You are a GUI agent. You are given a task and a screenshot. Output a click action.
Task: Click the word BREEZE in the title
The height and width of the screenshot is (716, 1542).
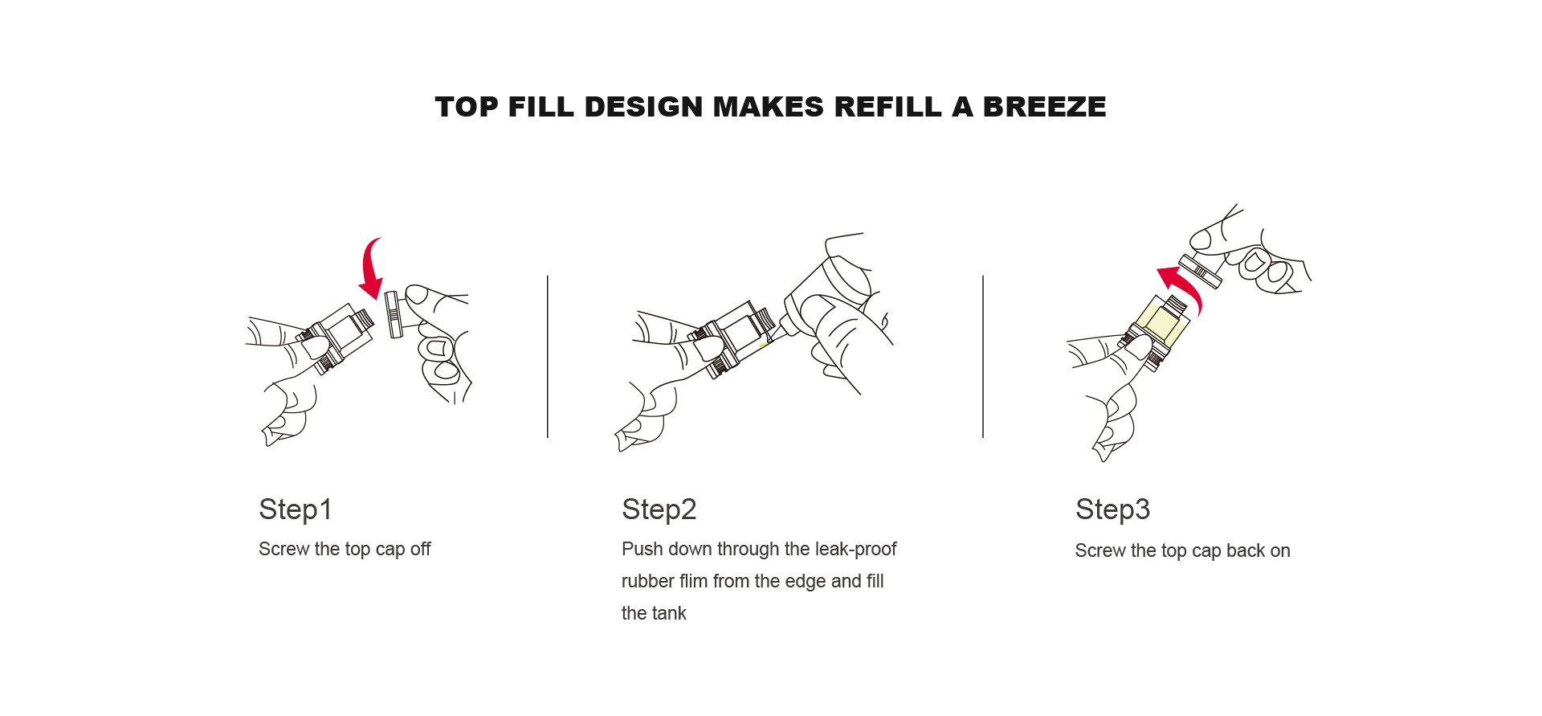click(1044, 107)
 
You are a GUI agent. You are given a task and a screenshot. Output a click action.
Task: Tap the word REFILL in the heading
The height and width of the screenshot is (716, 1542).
click(887, 107)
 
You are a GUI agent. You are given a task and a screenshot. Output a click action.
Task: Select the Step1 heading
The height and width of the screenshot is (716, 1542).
click(295, 509)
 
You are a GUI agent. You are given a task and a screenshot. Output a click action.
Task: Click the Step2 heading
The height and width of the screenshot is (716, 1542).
click(659, 509)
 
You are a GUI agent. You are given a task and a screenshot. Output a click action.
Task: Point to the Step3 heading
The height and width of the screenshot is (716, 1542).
click(1112, 509)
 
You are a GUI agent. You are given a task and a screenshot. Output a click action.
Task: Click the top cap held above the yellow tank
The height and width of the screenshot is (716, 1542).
click(1201, 270)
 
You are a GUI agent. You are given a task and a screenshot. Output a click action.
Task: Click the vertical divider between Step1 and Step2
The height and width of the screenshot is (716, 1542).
click(548, 357)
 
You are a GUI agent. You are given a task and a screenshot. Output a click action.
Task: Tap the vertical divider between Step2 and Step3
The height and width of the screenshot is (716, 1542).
click(983, 357)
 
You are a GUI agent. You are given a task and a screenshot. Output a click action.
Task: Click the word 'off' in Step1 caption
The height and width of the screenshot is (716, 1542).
click(420, 549)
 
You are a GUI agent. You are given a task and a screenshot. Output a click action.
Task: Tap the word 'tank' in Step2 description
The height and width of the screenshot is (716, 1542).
click(669, 613)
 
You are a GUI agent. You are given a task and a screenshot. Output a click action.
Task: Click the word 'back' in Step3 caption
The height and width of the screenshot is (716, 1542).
click(1245, 550)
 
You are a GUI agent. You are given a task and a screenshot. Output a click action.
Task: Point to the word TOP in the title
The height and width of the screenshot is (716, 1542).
click(467, 107)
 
